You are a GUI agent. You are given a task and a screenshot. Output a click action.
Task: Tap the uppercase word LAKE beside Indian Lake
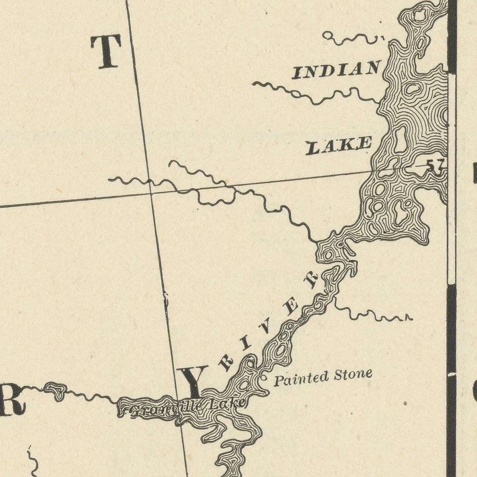[x=339, y=145]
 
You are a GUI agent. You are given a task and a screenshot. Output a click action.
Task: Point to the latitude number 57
[x=435, y=165]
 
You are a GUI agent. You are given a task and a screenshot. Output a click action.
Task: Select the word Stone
[x=353, y=375]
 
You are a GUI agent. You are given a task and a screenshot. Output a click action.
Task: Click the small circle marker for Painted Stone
[x=264, y=378]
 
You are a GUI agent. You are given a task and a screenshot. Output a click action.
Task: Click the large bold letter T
[x=106, y=51]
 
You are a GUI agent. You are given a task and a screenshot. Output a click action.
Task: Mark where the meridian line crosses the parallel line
[x=151, y=193]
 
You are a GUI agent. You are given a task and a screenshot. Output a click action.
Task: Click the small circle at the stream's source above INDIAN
[x=328, y=36]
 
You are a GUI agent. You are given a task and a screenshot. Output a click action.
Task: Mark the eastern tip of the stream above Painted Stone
[x=409, y=319]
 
